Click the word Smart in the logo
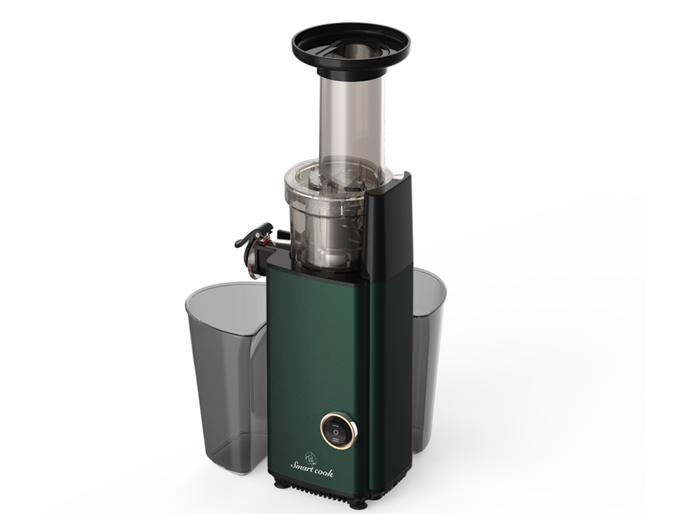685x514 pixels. click(302, 466)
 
